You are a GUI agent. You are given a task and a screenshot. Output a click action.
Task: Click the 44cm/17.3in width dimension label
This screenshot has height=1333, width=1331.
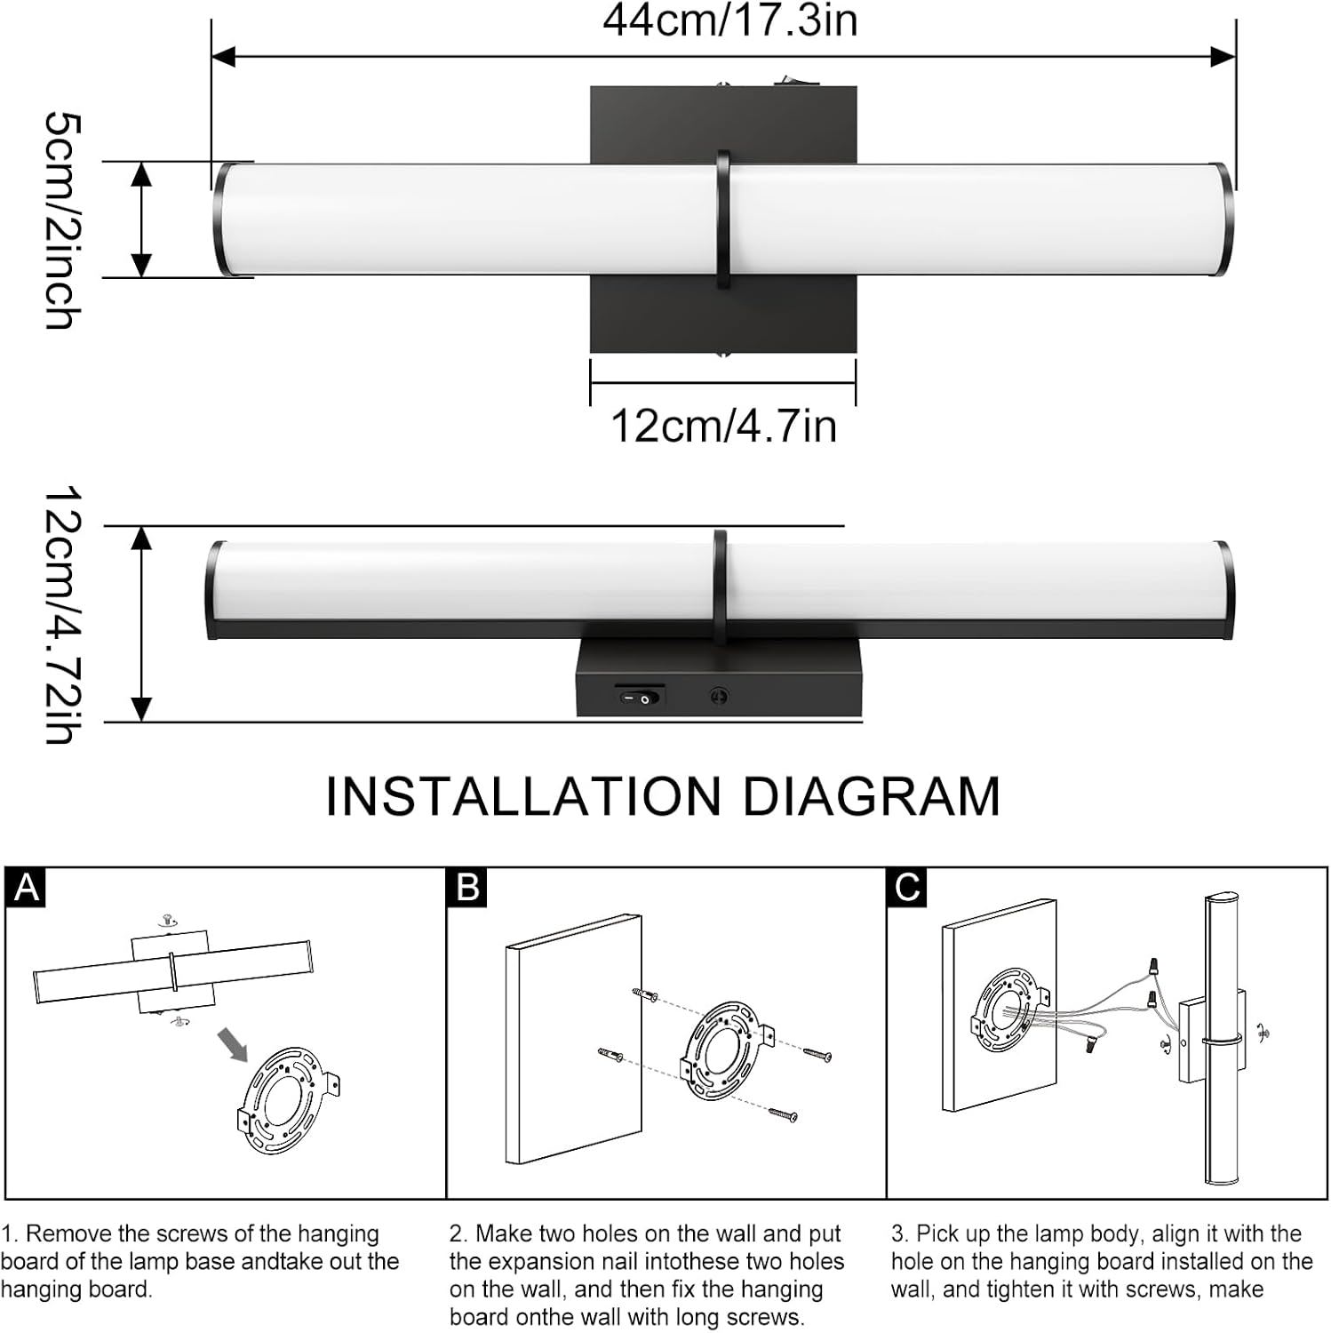(x=729, y=20)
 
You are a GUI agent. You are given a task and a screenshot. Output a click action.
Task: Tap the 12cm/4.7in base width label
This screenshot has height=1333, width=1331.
(x=723, y=426)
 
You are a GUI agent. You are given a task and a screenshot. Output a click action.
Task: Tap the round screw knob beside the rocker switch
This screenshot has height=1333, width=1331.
(x=720, y=697)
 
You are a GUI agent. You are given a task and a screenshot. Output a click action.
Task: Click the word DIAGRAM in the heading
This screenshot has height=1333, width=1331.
(x=871, y=796)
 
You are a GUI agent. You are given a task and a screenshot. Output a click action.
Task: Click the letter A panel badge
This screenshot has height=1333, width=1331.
(x=26, y=888)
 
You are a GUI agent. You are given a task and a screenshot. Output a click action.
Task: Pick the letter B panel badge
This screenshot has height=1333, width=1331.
(x=467, y=888)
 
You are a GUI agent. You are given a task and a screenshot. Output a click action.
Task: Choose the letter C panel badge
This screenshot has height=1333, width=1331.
(x=907, y=888)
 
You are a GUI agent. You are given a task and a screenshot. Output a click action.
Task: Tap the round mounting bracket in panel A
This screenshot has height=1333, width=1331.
(x=286, y=1100)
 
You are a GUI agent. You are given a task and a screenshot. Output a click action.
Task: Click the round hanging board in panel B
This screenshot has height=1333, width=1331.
(x=724, y=1050)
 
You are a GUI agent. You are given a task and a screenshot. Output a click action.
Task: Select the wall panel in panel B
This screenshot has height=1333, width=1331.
(x=573, y=1040)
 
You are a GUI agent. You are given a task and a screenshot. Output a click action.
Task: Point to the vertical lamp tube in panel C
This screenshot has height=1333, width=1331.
(x=1221, y=1040)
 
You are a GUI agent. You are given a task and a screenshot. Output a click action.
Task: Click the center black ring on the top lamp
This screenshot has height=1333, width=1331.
(x=723, y=220)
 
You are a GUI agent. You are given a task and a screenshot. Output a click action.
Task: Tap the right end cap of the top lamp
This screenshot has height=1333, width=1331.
(x=1224, y=219)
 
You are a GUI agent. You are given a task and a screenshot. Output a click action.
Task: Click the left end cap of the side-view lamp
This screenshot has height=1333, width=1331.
(x=214, y=589)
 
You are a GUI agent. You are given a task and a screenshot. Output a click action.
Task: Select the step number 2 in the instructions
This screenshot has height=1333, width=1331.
(x=457, y=1234)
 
